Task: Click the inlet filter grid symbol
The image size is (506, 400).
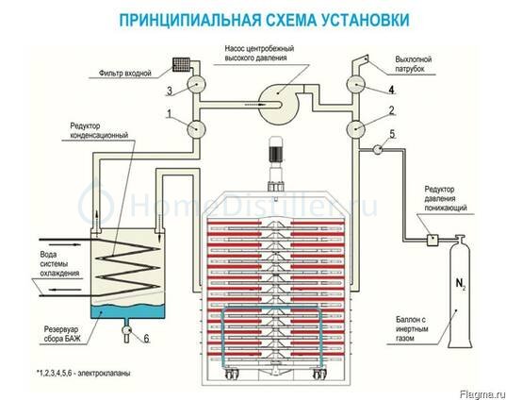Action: tap(180, 64)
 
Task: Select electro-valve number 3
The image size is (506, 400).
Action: tap(197, 84)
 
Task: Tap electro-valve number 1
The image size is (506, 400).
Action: tap(197, 128)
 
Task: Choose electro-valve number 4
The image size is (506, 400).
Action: tap(355, 84)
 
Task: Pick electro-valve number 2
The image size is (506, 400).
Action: tap(355, 128)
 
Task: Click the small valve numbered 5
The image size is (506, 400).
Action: tap(377, 149)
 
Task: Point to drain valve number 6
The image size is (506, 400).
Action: tap(126, 330)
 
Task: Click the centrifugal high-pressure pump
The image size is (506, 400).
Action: tap(278, 104)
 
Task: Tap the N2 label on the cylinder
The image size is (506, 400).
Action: tap(461, 284)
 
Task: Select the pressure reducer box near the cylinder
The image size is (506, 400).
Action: tap(433, 240)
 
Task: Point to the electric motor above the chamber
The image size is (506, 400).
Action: tap(276, 149)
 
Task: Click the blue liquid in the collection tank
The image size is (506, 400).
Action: tap(127, 311)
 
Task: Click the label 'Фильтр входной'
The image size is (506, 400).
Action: tap(125, 74)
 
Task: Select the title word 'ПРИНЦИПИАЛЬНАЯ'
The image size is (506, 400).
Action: tap(190, 20)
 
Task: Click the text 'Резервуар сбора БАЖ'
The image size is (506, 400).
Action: tap(61, 334)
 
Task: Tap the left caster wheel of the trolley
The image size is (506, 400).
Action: tap(230, 374)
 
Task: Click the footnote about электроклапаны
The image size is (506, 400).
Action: tap(84, 374)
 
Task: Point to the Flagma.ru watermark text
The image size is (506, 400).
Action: tap(482, 394)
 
